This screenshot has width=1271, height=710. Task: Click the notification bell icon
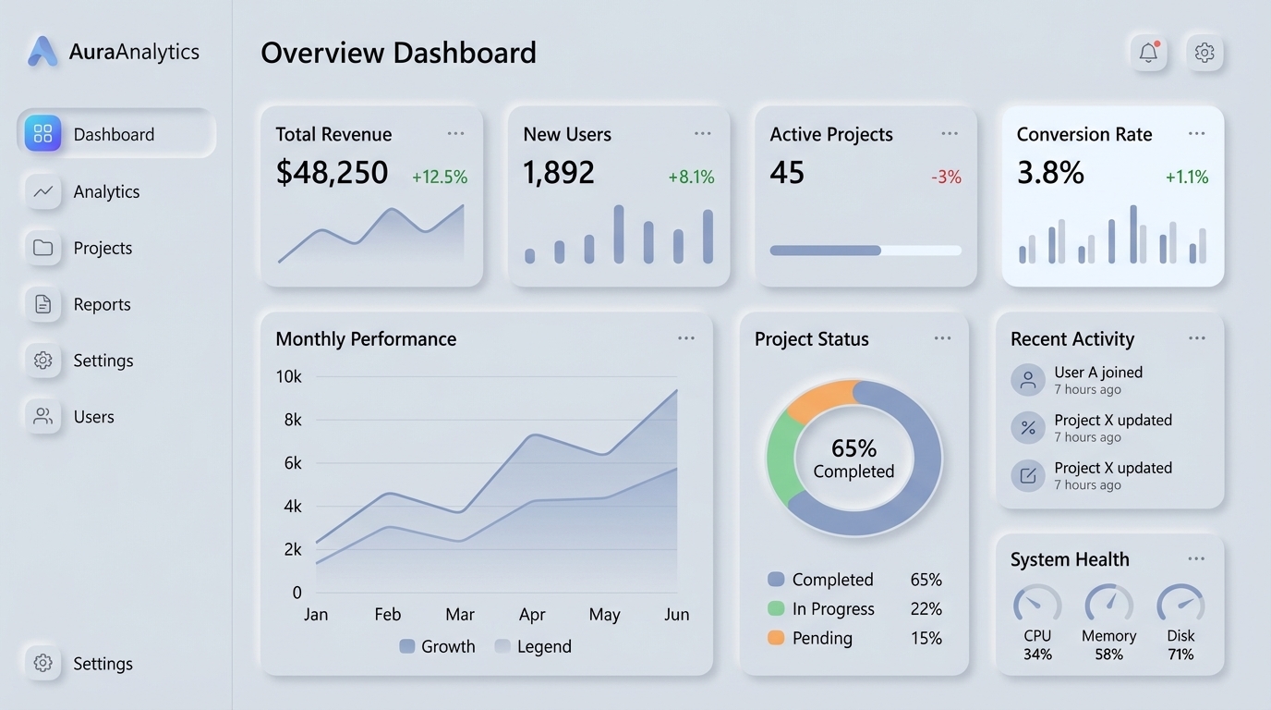pos(1148,53)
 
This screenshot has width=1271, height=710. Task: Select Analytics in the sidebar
pos(106,191)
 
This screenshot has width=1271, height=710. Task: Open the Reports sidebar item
pos(102,304)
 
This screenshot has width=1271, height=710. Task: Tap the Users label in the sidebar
pos(93,417)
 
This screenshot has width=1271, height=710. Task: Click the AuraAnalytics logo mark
pos(42,52)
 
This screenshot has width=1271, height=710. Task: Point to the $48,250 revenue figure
pos(332,173)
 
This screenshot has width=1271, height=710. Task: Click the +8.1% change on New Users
pos(691,177)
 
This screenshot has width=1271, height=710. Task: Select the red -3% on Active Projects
pos(946,177)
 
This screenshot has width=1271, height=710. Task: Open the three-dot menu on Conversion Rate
pos(1196,134)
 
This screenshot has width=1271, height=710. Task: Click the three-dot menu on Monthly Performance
pos(685,338)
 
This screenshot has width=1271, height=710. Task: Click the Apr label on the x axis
pos(532,615)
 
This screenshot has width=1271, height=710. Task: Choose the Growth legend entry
pos(437,646)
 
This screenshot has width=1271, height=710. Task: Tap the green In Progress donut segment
pos(781,458)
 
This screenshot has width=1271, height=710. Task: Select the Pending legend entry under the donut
pos(821,638)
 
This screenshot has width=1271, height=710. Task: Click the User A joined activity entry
pos(1098,379)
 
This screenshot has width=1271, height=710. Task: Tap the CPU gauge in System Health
pos(1037,605)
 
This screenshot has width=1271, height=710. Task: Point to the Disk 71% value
pos(1180,655)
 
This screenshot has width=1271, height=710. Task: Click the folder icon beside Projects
pos(42,248)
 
